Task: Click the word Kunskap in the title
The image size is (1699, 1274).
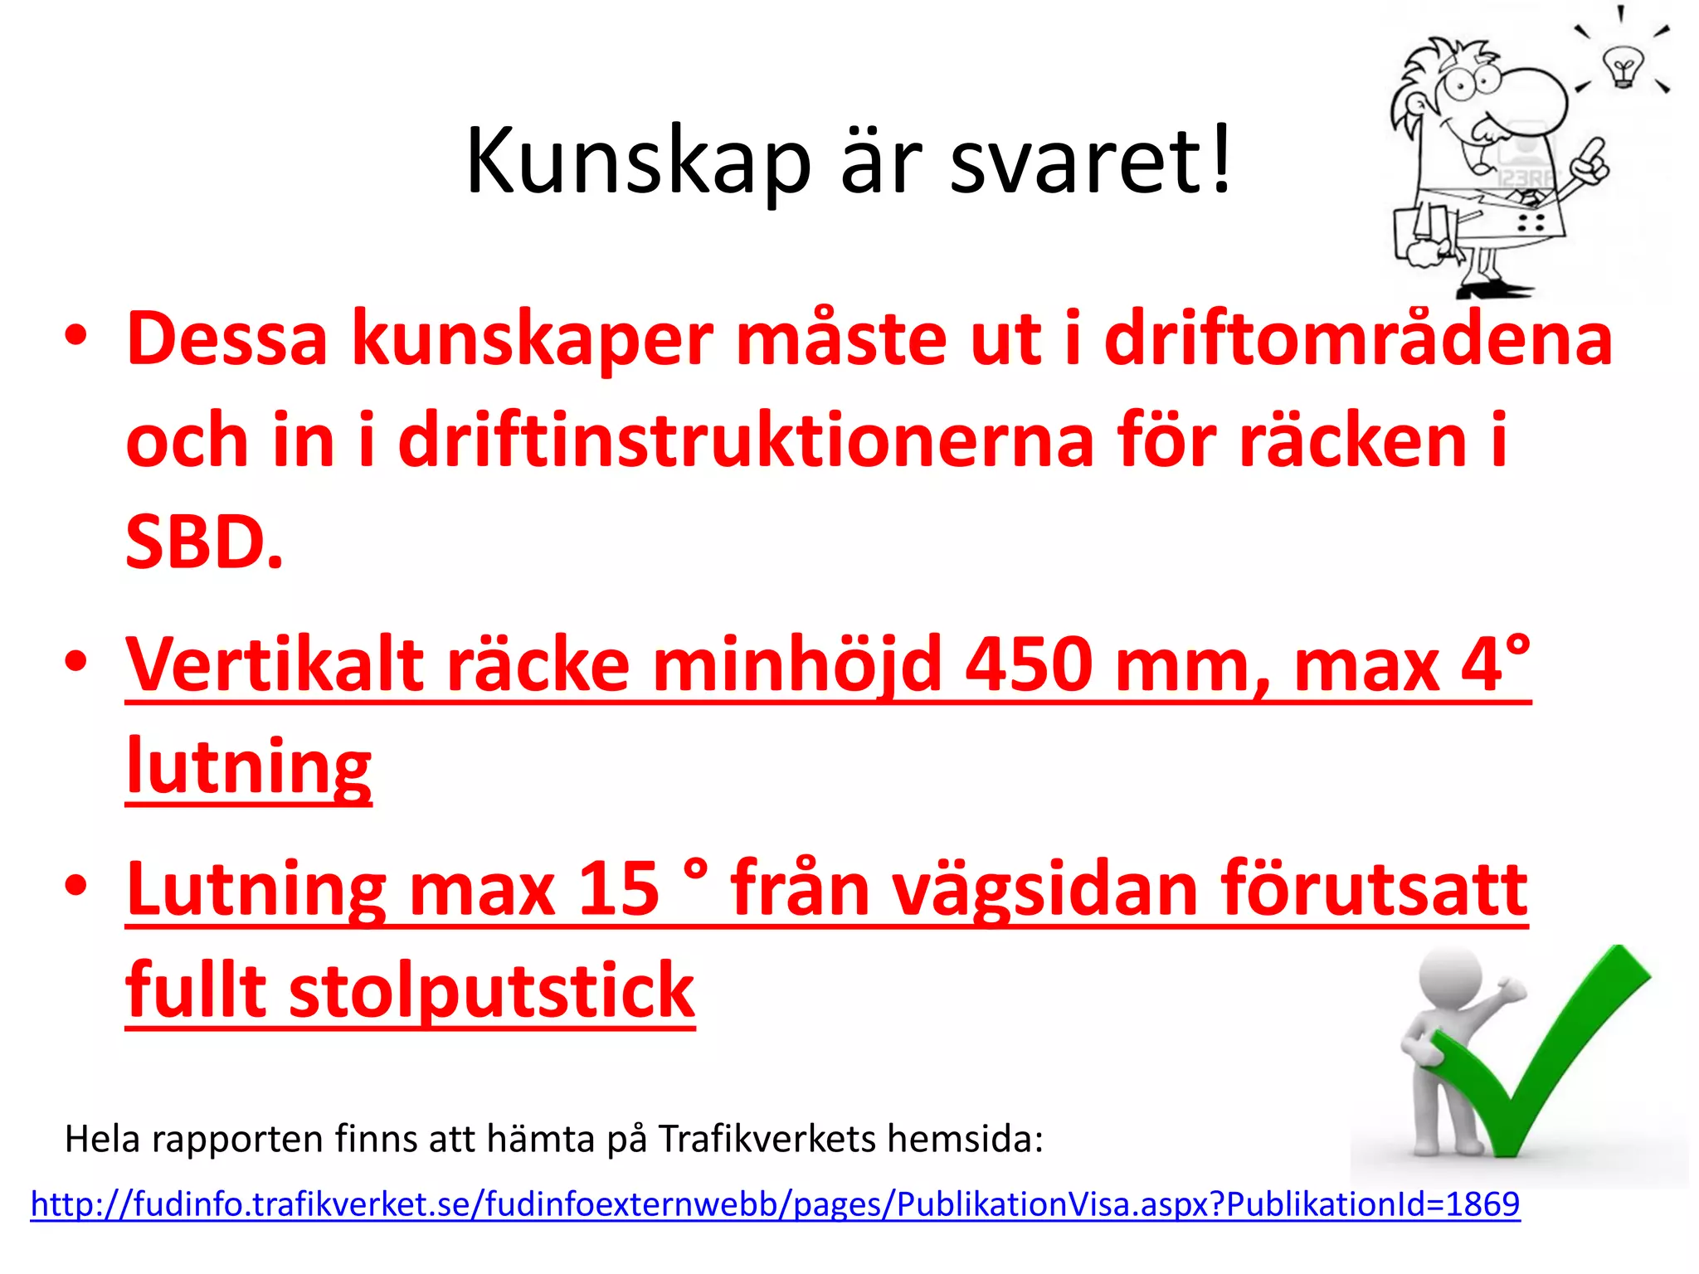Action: pyautogui.click(x=637, y=162)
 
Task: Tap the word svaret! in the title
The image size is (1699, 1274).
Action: pyautogui.click(x=1090, y=162)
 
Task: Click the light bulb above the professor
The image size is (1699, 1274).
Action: pyautogui.click(x=1621, y=66)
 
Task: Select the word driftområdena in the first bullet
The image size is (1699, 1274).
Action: pyautogui.click(x=1358, y=340)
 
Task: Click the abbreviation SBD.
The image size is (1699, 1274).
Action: pyautogui.click(x=204, y=542)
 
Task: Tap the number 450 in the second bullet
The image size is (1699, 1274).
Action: pyautogui.click(x=1029, y=665)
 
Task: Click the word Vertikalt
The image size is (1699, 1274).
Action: pyautogui.click(x=274, y=665)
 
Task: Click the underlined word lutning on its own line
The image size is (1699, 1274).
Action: pyautogui.click(x=249, y=766)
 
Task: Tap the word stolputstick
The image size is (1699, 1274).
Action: pyautogui.click(x=491, y=990)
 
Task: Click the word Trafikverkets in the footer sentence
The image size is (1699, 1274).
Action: pyautogui.click(x=767, y=1139)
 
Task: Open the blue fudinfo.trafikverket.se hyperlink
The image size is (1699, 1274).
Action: pyautogui.click(x=775, y=1204)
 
